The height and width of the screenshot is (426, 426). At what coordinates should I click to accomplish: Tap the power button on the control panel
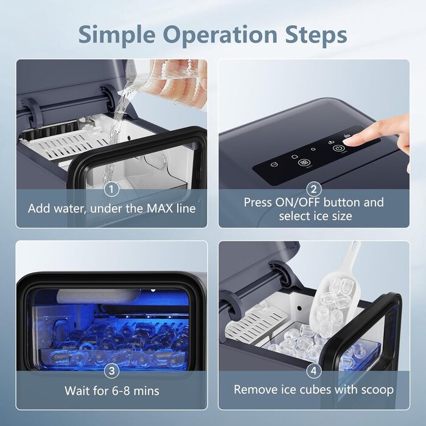point(338,148)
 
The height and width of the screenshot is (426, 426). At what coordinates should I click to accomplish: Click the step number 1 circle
point(111,189)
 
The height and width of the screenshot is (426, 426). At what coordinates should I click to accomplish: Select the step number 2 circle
point(313,189)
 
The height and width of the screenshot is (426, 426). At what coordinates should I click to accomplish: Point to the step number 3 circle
point(111,371)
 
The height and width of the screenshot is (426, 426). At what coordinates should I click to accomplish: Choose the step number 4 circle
point(313,371)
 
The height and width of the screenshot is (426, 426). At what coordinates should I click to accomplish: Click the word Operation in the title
point(220,35)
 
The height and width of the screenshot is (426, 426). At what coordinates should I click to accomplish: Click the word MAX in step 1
point(159,208)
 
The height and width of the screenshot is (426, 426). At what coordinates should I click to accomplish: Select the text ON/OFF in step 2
point(298,203)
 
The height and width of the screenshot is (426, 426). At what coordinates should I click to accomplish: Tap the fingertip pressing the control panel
point(351,142)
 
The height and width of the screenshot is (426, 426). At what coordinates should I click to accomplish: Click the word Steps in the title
point(316,35)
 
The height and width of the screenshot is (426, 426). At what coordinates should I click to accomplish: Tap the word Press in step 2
point(257,203)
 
